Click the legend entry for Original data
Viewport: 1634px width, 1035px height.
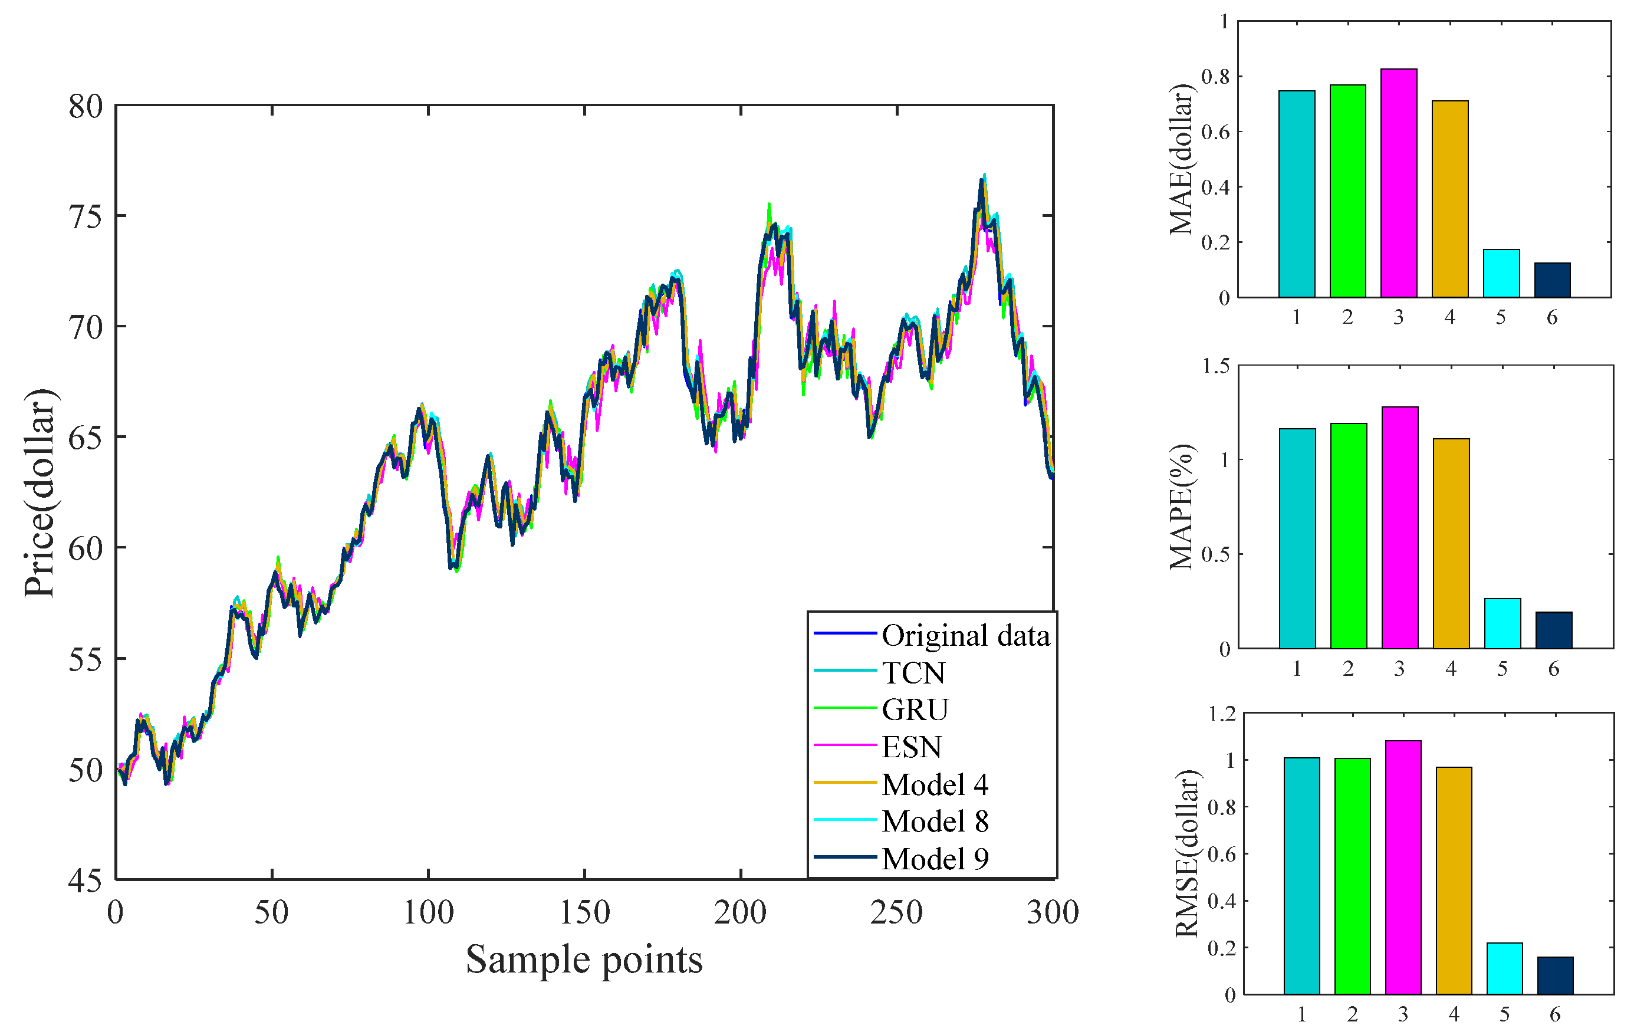pos(965,636)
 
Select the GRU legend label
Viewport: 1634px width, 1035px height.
pos(915,710)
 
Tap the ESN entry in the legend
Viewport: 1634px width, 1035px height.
pos(911,747)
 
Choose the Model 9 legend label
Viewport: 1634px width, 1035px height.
pos(935,859)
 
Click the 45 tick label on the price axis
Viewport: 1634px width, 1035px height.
pos(85,881)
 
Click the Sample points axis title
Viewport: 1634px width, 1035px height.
pos(584,960)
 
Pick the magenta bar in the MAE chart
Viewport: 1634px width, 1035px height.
pos(1399,183)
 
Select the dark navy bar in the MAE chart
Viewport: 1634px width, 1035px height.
pos(1553,280)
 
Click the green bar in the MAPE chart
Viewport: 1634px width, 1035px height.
pos(1349,535)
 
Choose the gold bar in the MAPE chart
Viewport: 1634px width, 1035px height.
pos(1451,543)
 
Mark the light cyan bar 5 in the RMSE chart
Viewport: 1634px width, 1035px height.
pos(1504,968)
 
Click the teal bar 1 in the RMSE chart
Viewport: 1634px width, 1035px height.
pos(1301,876)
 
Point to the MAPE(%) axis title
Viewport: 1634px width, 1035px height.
pos(1181,507)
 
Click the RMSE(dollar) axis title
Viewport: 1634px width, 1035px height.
pos(1186,854)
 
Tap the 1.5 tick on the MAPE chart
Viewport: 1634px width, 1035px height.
pos(1215,366)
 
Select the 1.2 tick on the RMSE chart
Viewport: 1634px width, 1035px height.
pos(1221,714)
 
